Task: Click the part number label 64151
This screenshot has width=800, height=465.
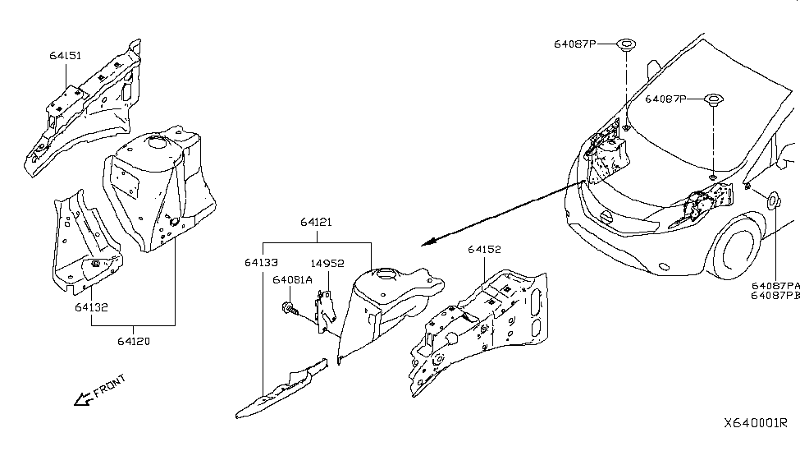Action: tap(66, 56)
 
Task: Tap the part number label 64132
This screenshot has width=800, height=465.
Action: tap(91, 307)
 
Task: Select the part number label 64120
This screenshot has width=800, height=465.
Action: tap(134, 341)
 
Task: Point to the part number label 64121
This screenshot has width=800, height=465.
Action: tap(316, 223)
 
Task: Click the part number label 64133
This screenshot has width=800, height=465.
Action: tap(261, 263)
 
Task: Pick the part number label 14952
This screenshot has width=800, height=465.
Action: tap(327, 264)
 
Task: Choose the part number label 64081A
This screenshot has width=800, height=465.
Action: tap(292, 280)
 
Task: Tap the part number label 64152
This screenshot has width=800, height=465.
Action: tap(485, 250)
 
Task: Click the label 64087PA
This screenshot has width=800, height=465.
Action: tap(775, 286)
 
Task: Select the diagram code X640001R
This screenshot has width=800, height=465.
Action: tap(756, 423)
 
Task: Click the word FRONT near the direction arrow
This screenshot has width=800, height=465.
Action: tap(110, 386)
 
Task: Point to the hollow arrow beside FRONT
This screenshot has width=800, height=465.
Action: tap(83, 399)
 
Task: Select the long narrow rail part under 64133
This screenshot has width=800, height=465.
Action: tap(281, 389)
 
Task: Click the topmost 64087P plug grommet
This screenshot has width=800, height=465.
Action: tap(625, 45)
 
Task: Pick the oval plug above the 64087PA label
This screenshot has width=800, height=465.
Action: tap(773, 200)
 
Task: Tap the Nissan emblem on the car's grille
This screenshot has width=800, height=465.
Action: tap(606, 217)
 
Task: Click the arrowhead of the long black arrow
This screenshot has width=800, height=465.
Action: tap(427, 242)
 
